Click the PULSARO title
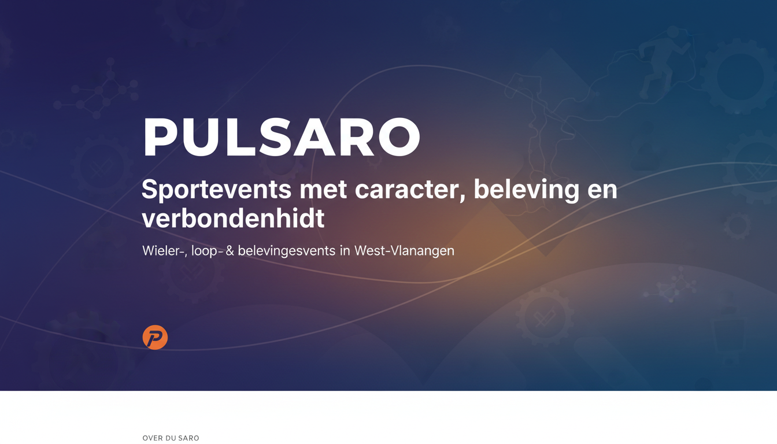(x=282, y=137)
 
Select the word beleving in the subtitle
(x=527, y=190)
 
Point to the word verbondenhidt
(x=233, y=218)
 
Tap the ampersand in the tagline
(x=230, y=251)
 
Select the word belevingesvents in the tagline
(x=287, y=251)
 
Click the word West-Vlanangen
(x=404, y=251)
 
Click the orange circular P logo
(x=155, y=337)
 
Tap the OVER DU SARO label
(x=171, y=438)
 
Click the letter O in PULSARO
(x=399, y=137)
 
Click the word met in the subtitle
(x=323, y=191)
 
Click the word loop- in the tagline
(x=207, y=251)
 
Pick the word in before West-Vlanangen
(x=345, y=251)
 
